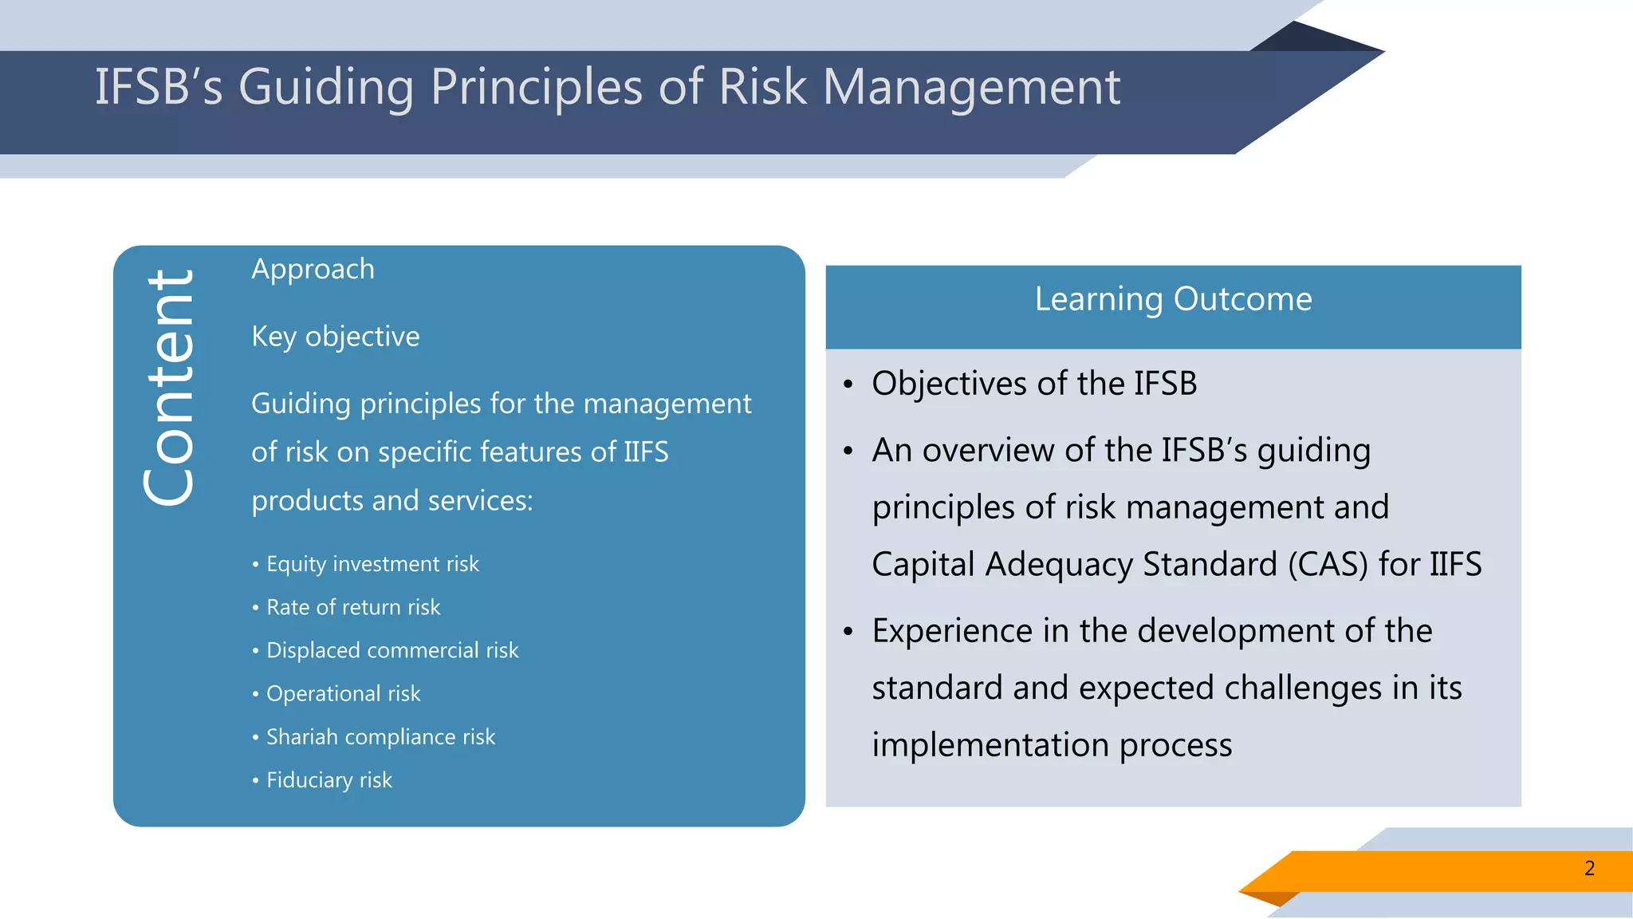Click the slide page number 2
tap(1589, 869)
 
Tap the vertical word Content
tap(169, 388)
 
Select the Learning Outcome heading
tap(1173, 300)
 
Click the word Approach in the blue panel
tap(313, 270)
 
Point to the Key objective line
tap(335, 337)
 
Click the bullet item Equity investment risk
tap(372, 564)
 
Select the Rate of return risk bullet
tap(352, 607)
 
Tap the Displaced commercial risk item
tap(392, 650)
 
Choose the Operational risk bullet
tap(343, 693)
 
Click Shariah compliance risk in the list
tap(380, 736)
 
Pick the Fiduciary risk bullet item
tap(329, 779)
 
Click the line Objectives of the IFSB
tap(1034, 384)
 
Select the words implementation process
tap(1052, 745)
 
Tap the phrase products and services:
tap(392, 501)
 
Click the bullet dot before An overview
tap(848, 452)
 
